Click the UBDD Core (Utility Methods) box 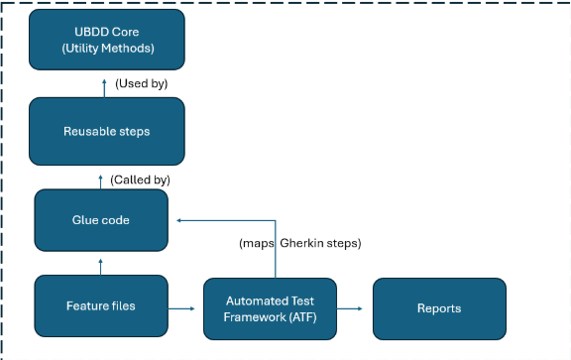[107, 40]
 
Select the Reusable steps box [107, 131]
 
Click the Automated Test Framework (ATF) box [270, 309]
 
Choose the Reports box [439, 309]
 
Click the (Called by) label [140, 180]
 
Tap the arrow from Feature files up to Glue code [100, 265]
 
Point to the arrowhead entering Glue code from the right [178, 220]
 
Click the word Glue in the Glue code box [84, 220]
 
